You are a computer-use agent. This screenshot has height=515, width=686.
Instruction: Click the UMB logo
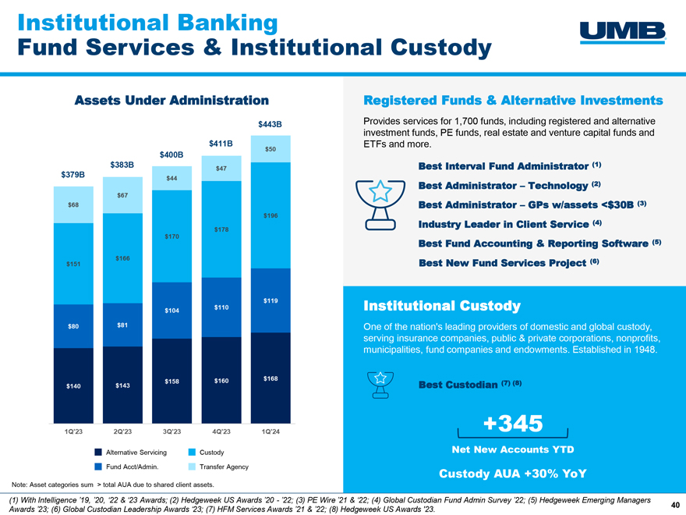pos(624,30)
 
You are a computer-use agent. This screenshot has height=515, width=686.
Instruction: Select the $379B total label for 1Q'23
pos(72,173)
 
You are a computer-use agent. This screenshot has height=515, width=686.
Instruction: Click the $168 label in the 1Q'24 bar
pos(271,379)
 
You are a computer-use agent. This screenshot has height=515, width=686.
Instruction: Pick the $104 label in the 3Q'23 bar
pos(172,311)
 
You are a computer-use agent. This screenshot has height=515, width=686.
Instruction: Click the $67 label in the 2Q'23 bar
pos(122,194)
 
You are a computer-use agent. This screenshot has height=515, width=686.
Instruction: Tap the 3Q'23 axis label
pos(172,431)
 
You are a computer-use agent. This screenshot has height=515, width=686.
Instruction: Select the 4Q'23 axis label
pos(221,431)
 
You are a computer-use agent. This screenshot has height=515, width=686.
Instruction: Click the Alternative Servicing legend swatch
pos(98,453)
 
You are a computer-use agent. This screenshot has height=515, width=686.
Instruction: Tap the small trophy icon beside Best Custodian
pos(381,384)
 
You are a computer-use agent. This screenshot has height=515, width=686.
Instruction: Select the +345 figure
pos(513,424)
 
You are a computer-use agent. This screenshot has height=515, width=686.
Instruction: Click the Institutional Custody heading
pos(441,304)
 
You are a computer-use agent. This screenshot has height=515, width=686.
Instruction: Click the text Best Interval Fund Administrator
pos(503,167)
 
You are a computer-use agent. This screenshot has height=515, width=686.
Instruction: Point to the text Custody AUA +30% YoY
pos(512,474)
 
